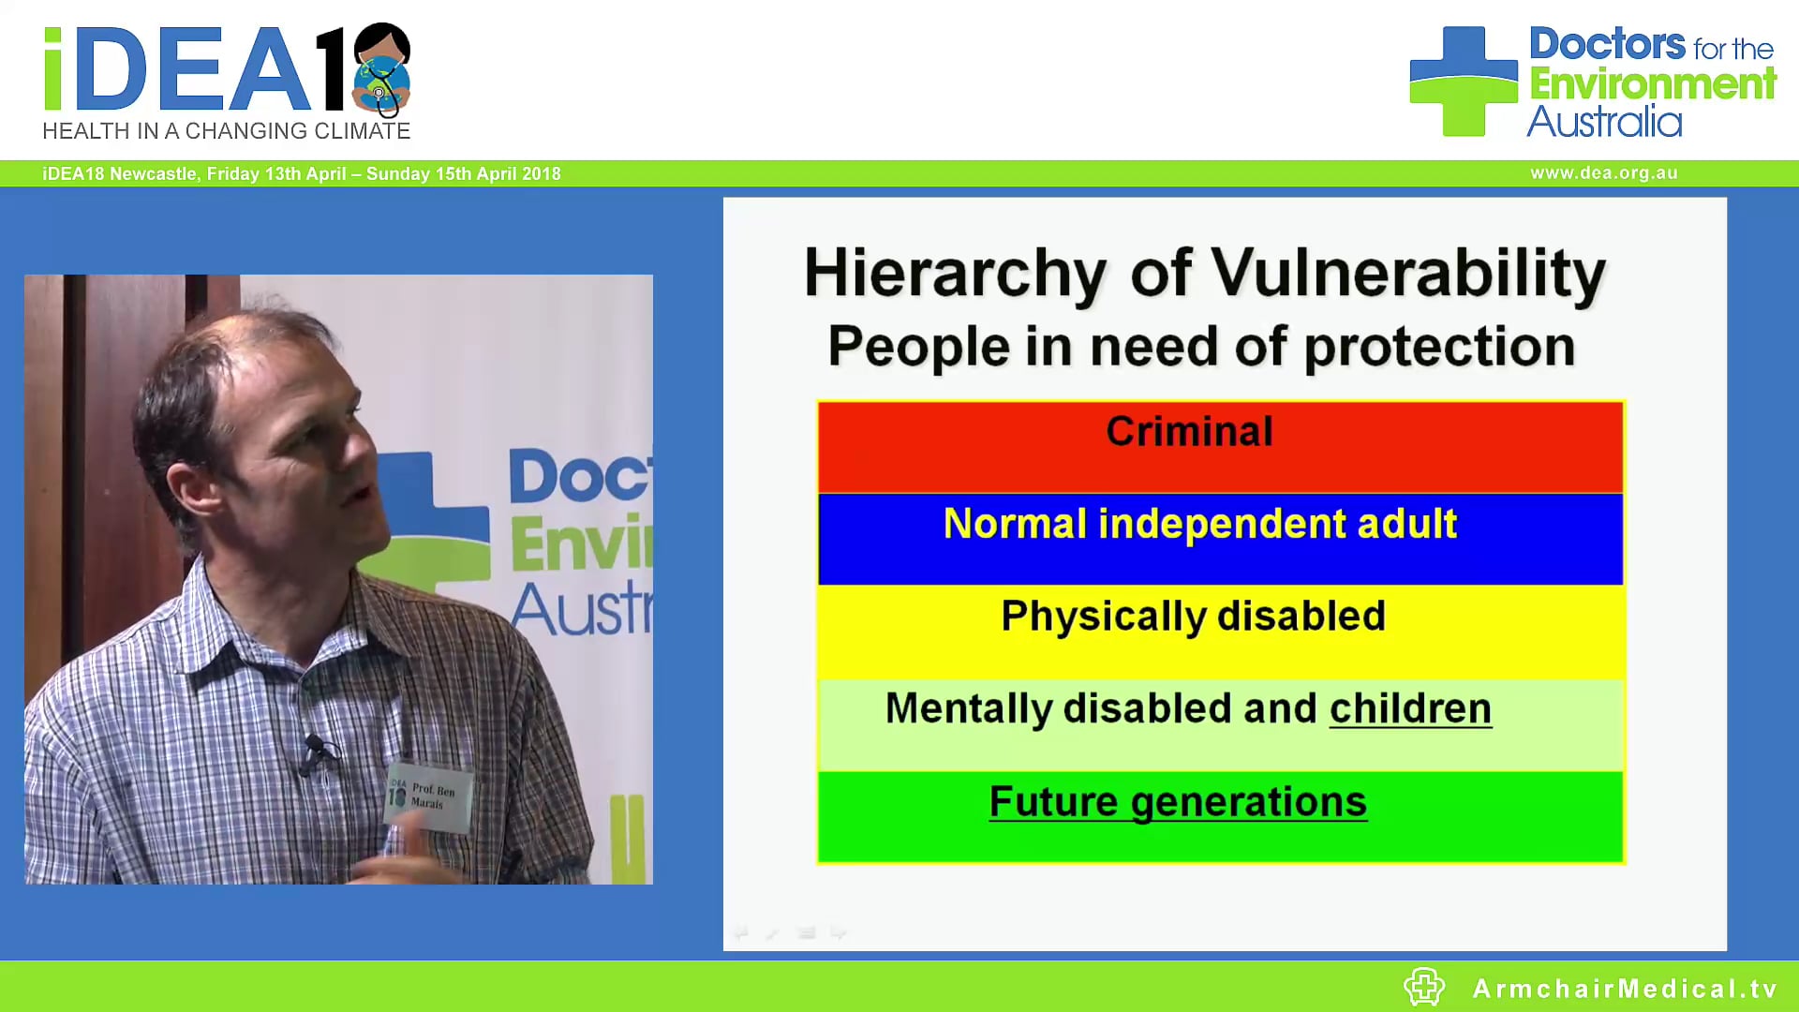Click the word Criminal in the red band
[1189, 432]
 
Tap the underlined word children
[1410, 709]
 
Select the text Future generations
[1178, 802]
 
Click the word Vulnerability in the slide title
[1408, 274]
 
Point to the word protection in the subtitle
[1439, 347]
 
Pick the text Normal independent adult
[1199, 524]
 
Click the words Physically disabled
[1193, 617]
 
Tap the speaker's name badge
[429, 796]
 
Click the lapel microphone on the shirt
[315, 749]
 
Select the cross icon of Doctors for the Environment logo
[1463, 82]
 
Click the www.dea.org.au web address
[1603, 173]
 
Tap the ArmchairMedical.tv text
[1625, 989]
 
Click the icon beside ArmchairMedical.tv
[1424, 987]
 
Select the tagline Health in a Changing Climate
[227, 131]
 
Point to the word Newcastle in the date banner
[153, 174]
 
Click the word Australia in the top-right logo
[1604, 122]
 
